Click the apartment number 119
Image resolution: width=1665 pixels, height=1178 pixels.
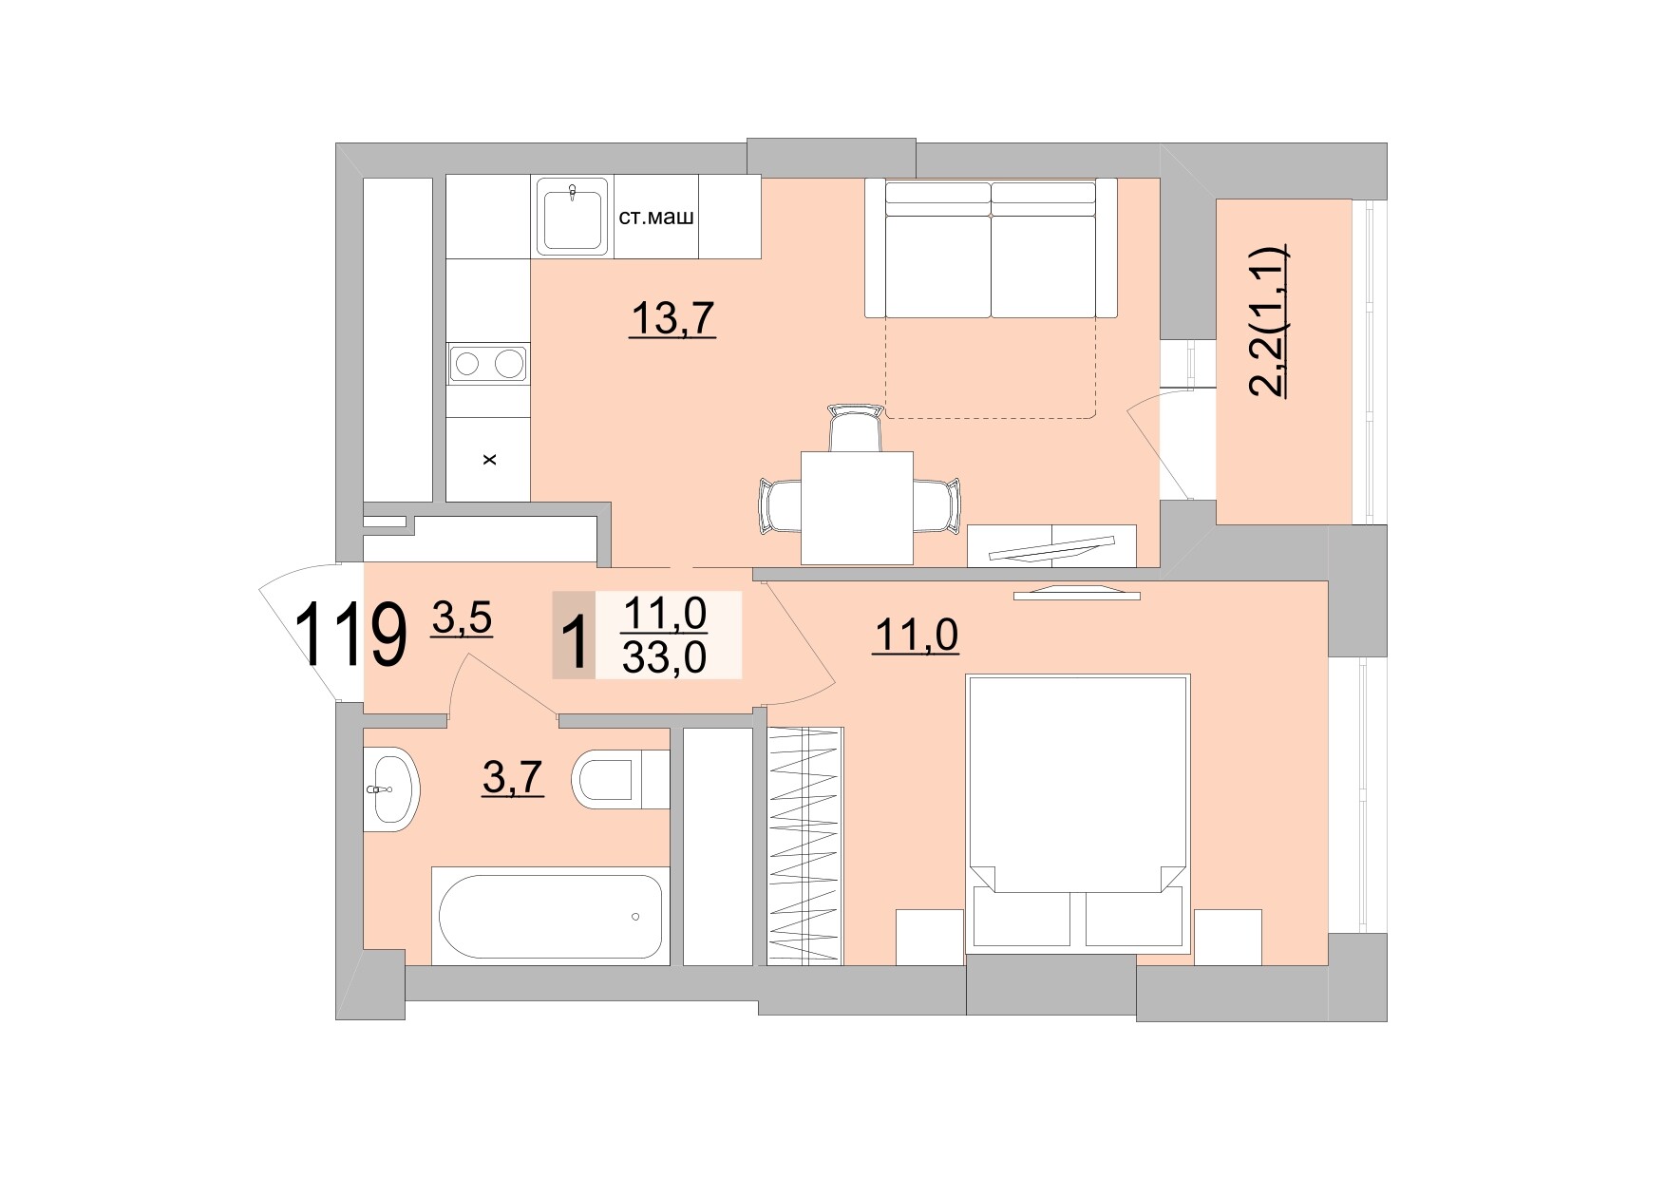350,636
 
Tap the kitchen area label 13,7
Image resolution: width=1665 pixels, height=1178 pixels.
672,318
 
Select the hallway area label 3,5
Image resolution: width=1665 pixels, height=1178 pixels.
462,618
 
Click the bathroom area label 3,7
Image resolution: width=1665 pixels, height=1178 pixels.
513,778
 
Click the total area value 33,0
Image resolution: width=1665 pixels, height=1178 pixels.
664,656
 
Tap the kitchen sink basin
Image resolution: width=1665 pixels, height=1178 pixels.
572,218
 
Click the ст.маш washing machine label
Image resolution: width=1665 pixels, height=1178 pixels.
656,218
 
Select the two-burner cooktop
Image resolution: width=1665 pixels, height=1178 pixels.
488,364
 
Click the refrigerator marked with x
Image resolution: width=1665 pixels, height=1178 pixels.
488,461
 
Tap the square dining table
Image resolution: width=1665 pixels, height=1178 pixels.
857,507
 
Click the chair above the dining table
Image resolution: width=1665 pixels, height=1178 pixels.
856,427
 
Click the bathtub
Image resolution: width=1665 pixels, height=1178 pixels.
551,918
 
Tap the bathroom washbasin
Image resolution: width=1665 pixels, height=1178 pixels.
390,789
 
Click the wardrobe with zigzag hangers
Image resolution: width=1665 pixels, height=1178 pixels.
804,846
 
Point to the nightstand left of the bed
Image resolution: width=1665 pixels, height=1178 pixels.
930,937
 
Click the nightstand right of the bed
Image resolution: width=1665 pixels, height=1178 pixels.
1227,937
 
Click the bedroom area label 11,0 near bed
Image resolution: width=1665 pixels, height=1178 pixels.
916,636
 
